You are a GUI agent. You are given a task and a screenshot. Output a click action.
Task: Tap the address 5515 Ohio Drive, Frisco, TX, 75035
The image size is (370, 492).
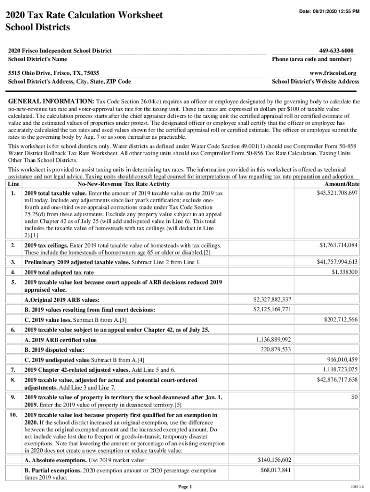54,73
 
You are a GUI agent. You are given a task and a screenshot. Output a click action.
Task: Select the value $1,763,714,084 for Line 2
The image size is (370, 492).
339,245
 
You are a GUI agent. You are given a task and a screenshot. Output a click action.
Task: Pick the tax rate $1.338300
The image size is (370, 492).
345,272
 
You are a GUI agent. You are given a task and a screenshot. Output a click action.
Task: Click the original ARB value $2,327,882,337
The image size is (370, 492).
272,299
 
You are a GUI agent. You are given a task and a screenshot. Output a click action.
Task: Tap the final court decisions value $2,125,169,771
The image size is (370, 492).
272,309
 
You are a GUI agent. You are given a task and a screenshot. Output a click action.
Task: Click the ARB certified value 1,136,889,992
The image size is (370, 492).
274,339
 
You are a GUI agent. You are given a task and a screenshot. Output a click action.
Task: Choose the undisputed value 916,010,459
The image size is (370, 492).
341,359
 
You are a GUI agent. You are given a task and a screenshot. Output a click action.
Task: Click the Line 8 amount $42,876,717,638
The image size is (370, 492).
337,380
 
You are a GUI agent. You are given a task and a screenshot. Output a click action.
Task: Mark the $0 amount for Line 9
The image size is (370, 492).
355,397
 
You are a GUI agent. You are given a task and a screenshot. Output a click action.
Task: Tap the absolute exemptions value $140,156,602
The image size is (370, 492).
274,460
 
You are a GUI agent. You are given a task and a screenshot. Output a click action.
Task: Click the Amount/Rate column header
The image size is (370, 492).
343,184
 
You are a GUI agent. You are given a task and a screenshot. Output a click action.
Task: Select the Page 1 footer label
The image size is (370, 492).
185,487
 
